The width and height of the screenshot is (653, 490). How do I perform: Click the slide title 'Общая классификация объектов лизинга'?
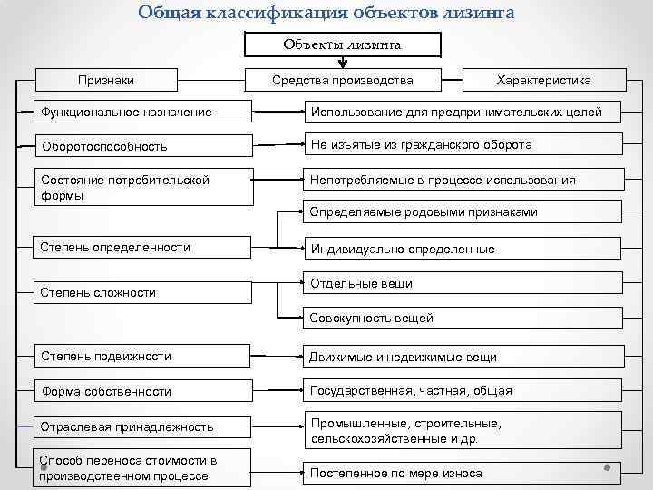[326, 12]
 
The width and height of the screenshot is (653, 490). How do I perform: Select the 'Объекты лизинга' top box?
[342, 44]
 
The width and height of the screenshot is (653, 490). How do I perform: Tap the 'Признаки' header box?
[106, 81]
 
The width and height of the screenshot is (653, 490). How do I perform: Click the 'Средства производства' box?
[343, 81]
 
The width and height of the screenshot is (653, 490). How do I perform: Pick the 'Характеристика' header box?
[543, 81]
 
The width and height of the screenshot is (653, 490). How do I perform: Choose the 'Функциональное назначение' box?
[141, 113]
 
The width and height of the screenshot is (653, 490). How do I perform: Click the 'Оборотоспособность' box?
[141, 146]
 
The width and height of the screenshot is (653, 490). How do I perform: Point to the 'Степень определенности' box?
[141, 247]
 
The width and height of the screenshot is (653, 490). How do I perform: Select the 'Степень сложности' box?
[141, 292]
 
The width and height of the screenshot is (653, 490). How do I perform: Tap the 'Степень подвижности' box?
[141, 356]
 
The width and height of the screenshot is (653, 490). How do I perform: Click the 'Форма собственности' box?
[141, 391]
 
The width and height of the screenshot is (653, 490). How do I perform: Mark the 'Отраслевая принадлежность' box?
[141, 426]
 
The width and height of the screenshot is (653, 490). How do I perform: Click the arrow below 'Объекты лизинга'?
[343, 63]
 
